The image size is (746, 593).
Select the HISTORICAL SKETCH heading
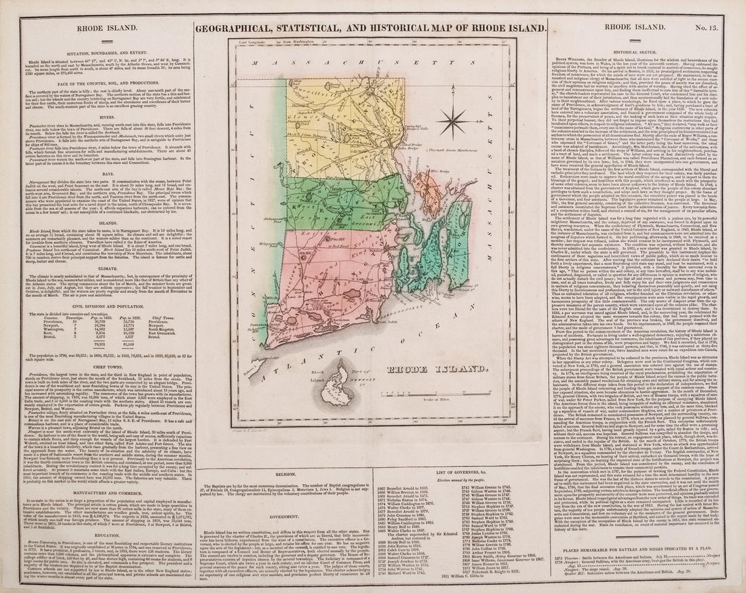tap(637, 52)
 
